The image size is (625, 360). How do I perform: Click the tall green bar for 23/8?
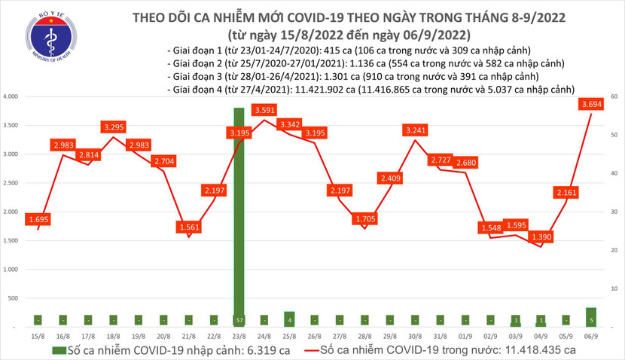[x=239, y=217]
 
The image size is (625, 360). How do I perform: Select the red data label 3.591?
[x=264, y=111]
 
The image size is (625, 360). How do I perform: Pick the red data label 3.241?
[x=414, y=129]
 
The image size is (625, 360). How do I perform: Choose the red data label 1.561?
[x=189, y=227]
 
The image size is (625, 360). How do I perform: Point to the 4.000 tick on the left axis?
[x=11, y=97]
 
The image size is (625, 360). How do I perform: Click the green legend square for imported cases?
[x=58, y=350]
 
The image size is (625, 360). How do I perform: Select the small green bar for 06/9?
[x=592, y=317]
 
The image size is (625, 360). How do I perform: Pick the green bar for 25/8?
[x=289, y=319]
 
